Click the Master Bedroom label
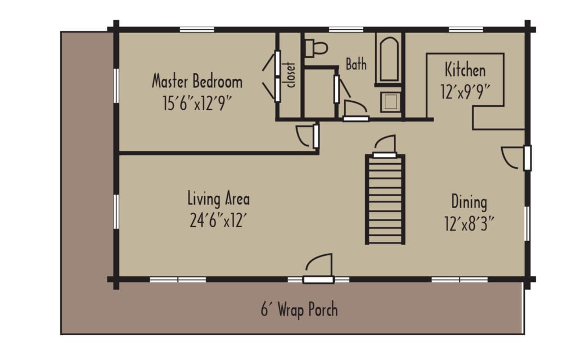tap(197, 82)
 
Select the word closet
tap(291, 74)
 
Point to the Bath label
tap(356, 64)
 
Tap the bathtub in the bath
tap(389, 58)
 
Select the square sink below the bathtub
tap(390, 101)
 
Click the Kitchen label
tap(465, 70)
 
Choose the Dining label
tap(469, 201)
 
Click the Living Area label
tap(218, 199)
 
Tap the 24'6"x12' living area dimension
tap(219, 219)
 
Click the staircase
tap(385, 198)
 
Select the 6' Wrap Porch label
tap(299, 309)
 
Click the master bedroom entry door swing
tap(307, 136)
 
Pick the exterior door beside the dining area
tap(515, 157)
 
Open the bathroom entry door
tap(355, 110)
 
